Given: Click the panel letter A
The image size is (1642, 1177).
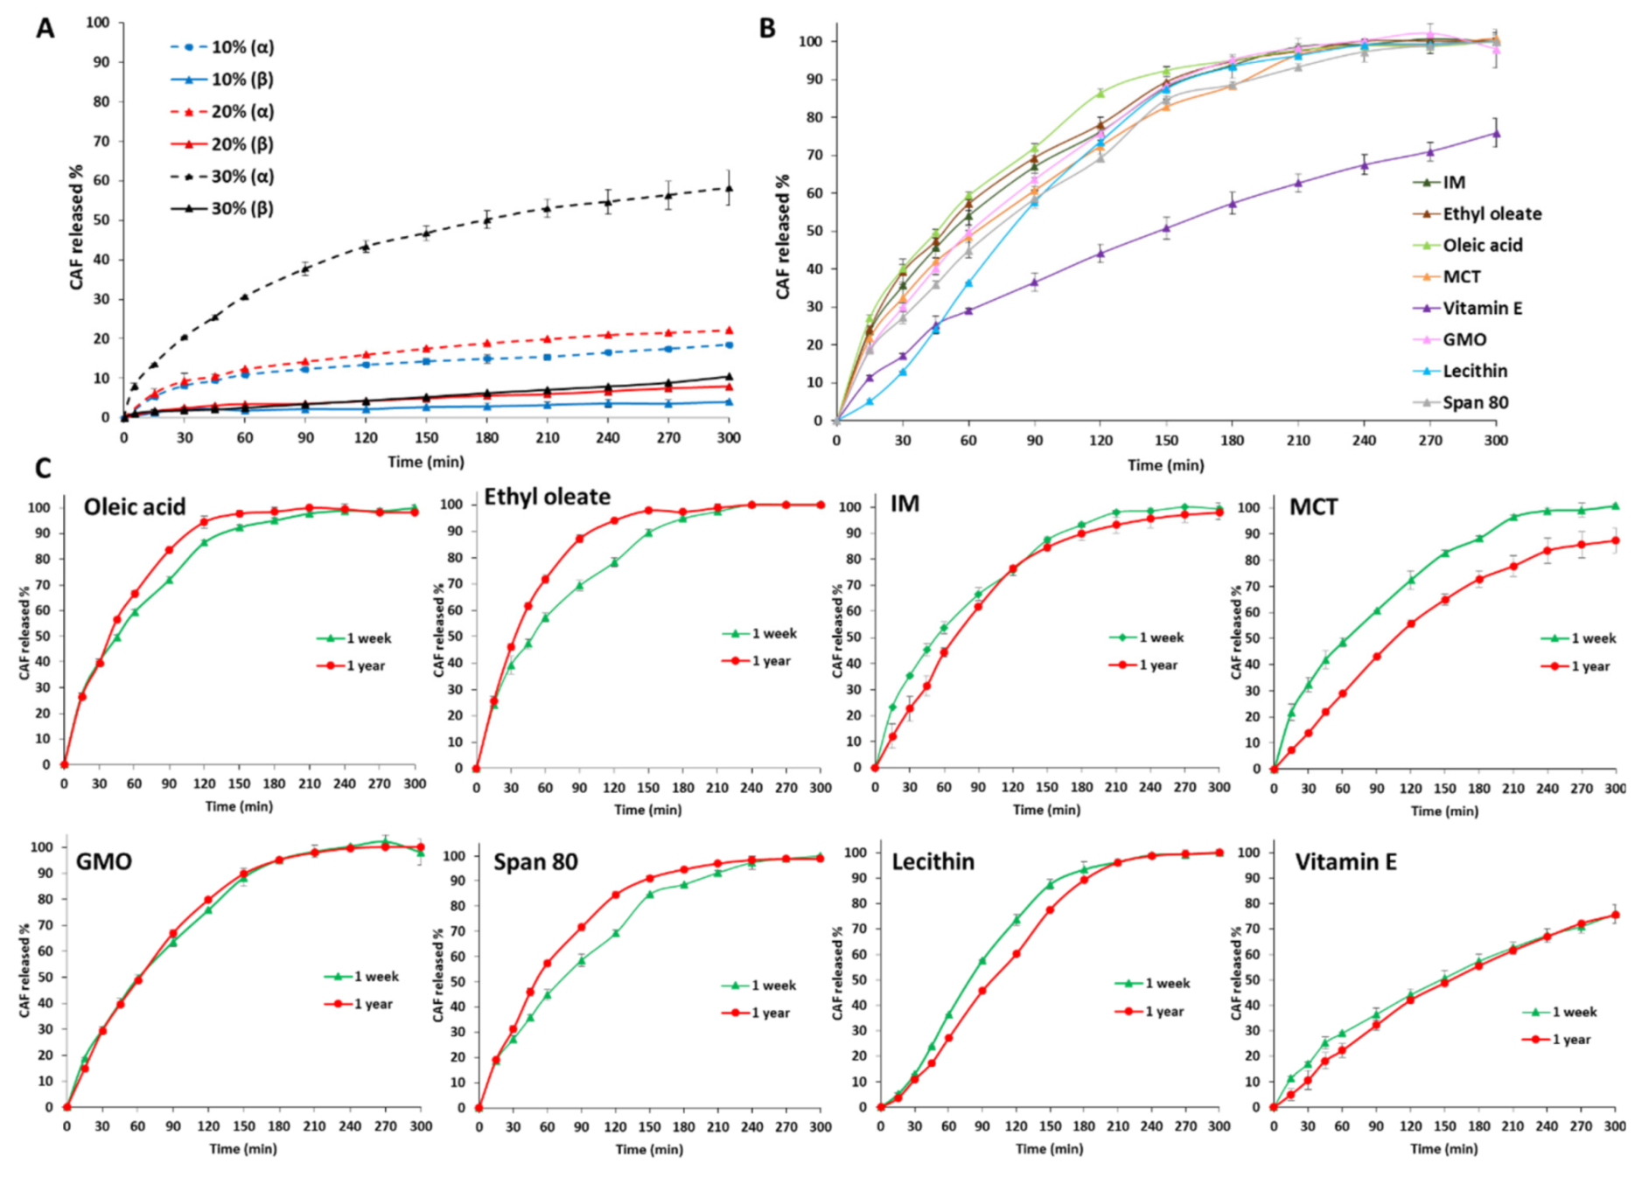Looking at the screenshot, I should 45,29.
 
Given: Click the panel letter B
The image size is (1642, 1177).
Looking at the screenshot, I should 767,29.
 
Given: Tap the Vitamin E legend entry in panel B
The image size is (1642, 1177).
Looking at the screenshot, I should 1482,308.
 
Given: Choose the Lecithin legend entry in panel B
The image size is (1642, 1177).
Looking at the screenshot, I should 1475,371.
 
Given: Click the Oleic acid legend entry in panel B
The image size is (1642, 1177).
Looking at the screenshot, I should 1482,245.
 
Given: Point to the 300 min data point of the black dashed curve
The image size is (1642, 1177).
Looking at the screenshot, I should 729,188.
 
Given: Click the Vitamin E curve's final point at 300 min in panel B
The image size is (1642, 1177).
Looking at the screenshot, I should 1496,134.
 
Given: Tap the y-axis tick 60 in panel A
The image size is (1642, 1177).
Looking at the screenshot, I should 101,181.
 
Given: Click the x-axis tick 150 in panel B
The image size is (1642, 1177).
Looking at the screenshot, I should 1166,440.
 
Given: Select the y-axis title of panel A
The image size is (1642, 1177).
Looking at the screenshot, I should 77,227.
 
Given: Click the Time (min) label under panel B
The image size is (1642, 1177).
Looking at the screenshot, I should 1165,465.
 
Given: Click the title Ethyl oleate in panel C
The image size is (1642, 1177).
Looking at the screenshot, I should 547,497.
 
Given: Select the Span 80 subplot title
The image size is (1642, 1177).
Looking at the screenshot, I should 535,862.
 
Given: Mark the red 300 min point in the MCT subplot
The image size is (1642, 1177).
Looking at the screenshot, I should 1615,540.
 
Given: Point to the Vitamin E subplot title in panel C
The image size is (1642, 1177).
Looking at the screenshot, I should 1345,862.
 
